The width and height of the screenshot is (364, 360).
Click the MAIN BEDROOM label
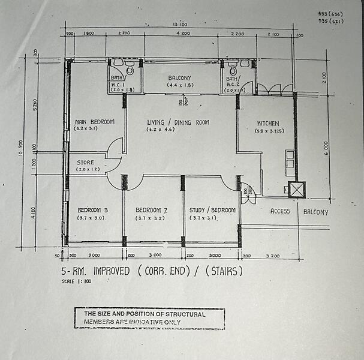click(x=94, y=121)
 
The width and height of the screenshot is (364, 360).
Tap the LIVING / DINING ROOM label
click(x=178, y=122)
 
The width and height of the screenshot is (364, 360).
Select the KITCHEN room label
click(x=268, y=122)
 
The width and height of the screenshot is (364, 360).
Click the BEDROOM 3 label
click(x=93, y=210)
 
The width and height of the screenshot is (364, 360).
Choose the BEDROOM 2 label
click(x=151, y=210)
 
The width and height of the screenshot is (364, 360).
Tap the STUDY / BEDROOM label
click(x=212, y=210)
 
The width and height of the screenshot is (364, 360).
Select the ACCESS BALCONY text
click(x=299, y=211)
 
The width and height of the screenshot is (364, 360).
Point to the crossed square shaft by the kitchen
click(x=297, y=190)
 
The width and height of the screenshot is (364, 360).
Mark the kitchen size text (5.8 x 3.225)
click(x=269, y=131)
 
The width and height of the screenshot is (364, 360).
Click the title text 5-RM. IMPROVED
click(x=96, y=271)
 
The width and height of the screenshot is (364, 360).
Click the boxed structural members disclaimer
click(x=149, y=319)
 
